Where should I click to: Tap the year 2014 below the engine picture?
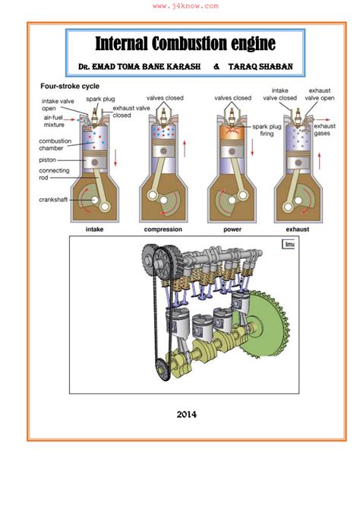[x=186, y=415]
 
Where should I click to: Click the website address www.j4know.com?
[x=185, y=6]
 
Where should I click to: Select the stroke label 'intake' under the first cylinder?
[x=94, y=229]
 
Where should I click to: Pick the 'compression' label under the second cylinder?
[x=163, y=229]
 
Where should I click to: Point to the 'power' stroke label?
[x=232, y=229]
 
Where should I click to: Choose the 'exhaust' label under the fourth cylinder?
[x=298, y=229]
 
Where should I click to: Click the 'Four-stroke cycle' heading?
[x=70, y=87]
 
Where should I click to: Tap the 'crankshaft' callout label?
[x=53, y=200]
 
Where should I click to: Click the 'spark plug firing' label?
[x=267, y=130]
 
